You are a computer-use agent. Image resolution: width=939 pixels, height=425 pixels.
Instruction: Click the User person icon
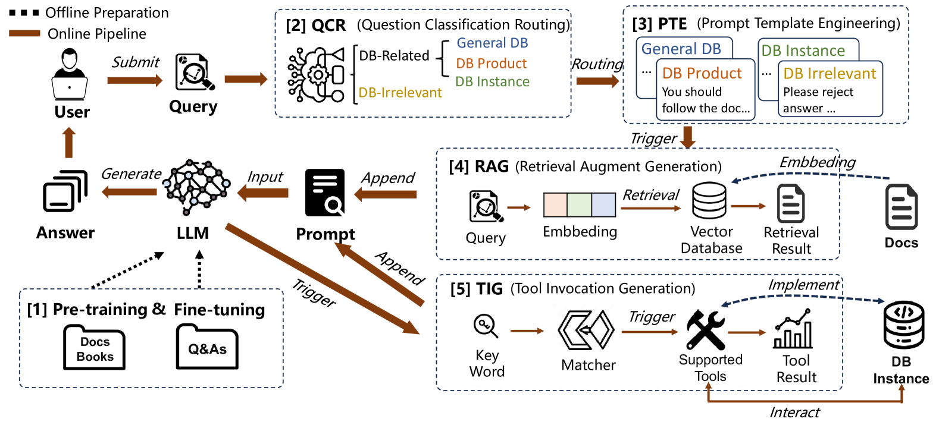coord(70,74)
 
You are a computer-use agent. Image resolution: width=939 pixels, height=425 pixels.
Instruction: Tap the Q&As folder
coord(207,347)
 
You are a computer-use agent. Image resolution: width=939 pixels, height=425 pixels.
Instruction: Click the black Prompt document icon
coord(325,193)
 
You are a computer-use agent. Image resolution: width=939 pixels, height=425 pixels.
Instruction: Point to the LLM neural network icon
coord(196,187)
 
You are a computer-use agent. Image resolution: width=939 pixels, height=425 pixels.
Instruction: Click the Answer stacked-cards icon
coord(65,191)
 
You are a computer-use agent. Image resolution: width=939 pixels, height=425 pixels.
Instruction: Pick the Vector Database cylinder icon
coord(709,201)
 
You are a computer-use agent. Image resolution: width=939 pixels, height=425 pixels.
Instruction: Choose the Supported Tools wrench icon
coord(706,329)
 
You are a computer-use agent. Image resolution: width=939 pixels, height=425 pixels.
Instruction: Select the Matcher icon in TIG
coord(586,330)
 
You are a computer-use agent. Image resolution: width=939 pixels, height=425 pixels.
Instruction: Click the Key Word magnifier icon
coord(485,326)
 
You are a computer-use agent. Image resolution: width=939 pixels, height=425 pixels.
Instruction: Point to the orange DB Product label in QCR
coord(491,63)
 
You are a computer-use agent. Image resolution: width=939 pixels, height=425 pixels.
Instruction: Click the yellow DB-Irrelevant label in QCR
coord(400,93)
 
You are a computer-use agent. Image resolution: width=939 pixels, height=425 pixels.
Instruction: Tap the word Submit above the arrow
coord(136,62)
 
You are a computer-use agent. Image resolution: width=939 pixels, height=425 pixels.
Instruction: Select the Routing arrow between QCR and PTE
coord(597,81)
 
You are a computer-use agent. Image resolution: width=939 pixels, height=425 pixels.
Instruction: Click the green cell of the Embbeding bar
coord(579,205)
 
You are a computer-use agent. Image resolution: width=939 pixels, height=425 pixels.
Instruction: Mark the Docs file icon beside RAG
coord(902,206)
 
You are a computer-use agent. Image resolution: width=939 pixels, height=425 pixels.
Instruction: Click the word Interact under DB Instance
coord(794,413)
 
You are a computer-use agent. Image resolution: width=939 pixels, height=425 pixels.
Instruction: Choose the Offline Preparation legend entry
coord(89,12)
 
